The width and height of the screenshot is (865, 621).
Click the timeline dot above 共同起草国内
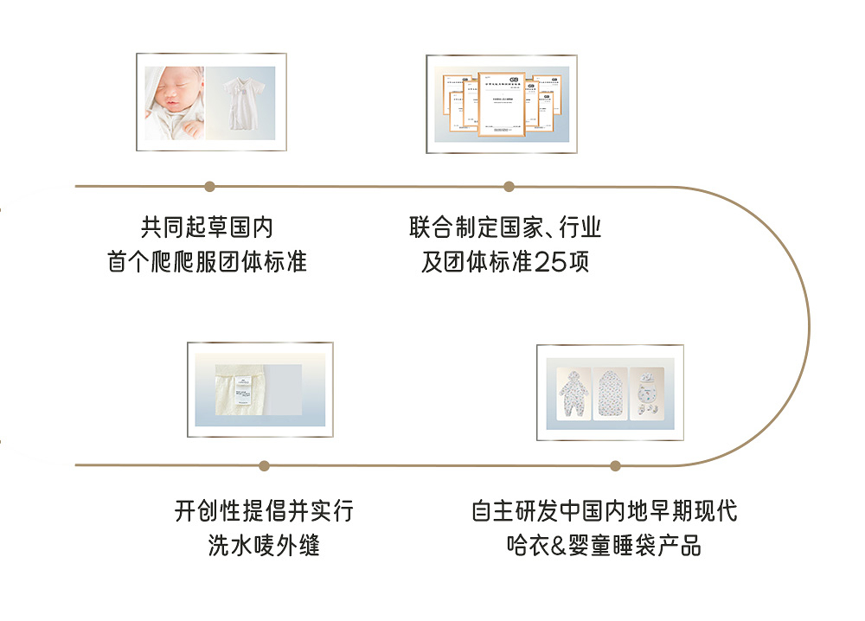209,186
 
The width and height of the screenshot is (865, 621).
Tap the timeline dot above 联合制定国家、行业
509,186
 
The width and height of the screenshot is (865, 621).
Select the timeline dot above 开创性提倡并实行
264,465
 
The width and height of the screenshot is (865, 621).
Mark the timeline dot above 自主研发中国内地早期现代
615,465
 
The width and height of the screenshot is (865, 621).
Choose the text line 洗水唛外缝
264,546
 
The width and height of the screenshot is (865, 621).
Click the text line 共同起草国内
207,227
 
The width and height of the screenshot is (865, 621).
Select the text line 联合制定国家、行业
505,227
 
